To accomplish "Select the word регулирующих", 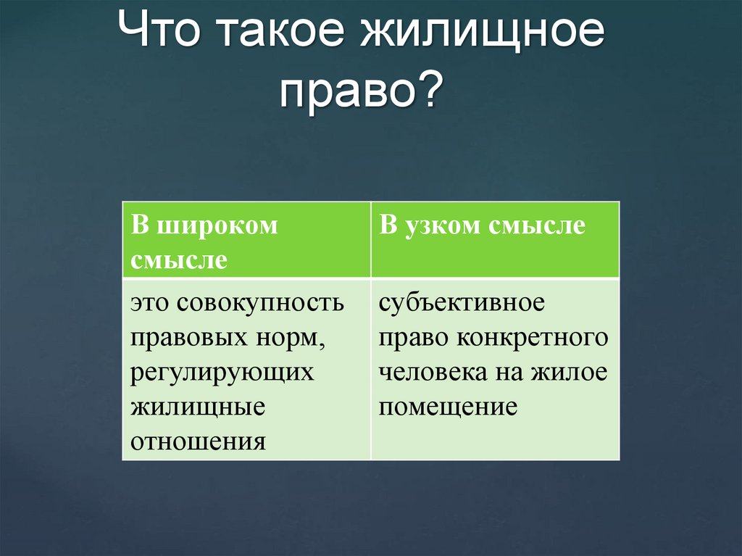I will [x=222, y=372].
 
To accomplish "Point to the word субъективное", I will [x=461, y=302].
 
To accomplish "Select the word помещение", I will [x=448, y=406].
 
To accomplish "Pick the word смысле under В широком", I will [x=179, y=260].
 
